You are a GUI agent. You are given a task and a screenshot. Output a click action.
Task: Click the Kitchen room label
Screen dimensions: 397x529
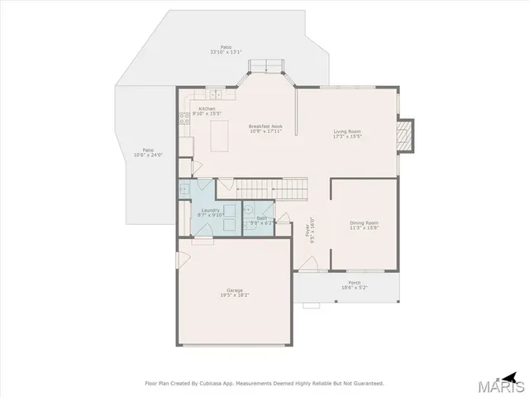click(x=207, y=109)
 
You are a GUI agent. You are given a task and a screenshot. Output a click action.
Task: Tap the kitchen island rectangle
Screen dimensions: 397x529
click(x=220, y=136)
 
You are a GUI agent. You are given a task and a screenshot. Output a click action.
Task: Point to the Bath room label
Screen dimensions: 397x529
click(x=261, y=219)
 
